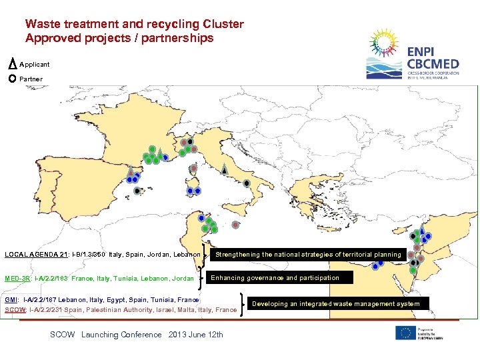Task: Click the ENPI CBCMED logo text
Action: click(x=433, y=60)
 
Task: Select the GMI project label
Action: click(x=12, y=300)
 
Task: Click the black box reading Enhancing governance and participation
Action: click(x=275, y=278)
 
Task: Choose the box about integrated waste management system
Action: click(x=336, y=304)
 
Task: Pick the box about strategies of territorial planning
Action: click(x=308, y=255)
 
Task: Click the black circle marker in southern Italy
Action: click(x=247, y=183)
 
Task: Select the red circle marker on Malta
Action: click(x=236, y=223)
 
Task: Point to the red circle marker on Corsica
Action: click(x=193, y=168)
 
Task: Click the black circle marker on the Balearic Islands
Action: click(x=137, y=190)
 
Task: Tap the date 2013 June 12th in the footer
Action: click(x=196, y=335)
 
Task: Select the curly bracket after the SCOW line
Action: click(x=241, y=305)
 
